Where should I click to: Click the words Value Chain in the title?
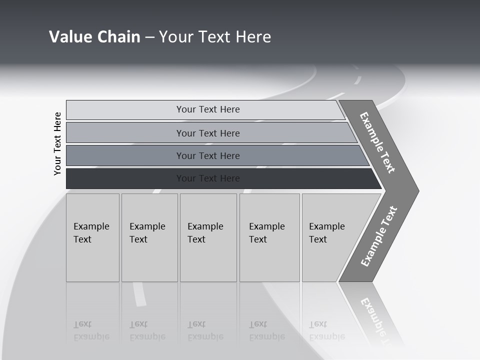[x=94, y=37]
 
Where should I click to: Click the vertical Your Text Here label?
[x=57, y=143]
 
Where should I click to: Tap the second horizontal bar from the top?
[x=208, y=133]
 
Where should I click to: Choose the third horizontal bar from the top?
[x=208, y=155]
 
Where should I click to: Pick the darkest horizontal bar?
[x=208, y=178]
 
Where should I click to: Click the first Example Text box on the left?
[x=92, y=237]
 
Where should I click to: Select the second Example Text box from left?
[x=149, y=237]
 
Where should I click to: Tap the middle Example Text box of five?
[x=208, y=237]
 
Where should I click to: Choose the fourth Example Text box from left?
[x=269, y=237]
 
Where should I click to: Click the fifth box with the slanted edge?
[x=330, y=237]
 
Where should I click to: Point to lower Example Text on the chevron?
[x=379, y=236]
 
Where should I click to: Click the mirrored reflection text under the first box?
[x=91, y=330]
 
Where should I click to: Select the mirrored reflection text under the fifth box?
[x=326, y=330]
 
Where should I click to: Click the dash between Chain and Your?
[x=149, y=37]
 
